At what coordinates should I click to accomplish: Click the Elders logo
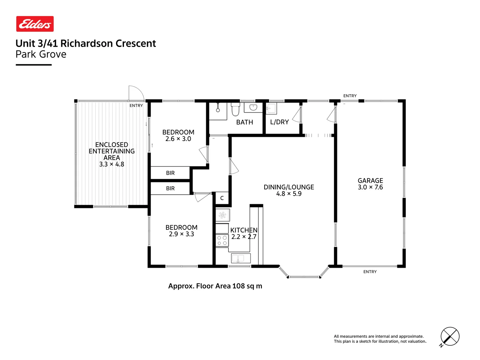pos(35,24)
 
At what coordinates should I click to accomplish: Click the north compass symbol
pos(450,336)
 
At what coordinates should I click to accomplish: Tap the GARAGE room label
pos(370,181)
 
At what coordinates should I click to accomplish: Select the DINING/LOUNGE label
pos(289,187)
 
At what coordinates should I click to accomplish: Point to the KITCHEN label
pos(244,230)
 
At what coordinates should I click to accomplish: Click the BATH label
pos(245,122)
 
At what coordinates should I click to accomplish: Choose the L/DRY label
pos(279,122)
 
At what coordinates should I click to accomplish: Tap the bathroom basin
pos(253,108)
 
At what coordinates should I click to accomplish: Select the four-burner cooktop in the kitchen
pos(222,240)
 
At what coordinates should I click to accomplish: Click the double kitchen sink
pos(241,258)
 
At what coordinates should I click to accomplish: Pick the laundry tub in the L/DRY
pos(271,108)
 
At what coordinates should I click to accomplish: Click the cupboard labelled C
pos(222,198)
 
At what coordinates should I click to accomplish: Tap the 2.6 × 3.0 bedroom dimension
pos(178,139)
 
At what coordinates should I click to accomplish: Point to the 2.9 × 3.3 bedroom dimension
pos(181,234)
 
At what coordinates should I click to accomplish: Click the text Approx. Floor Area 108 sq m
pos(215,286)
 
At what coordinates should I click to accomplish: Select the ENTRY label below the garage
pos(370,272)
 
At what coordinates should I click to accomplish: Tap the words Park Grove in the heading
pos(41,54)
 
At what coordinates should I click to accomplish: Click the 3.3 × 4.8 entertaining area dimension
pos(112,164)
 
